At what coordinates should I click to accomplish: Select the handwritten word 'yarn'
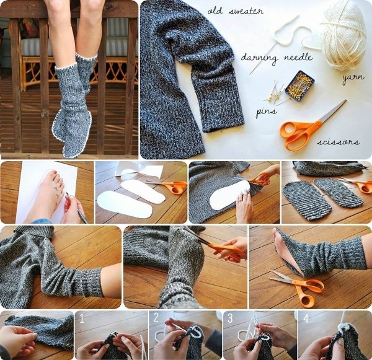[353, 79]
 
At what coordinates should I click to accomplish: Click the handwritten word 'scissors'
[338, 142]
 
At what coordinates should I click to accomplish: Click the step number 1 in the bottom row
[80, 318]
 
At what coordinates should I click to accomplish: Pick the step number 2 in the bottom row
[156, 318]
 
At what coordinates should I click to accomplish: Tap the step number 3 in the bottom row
[230, 318]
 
